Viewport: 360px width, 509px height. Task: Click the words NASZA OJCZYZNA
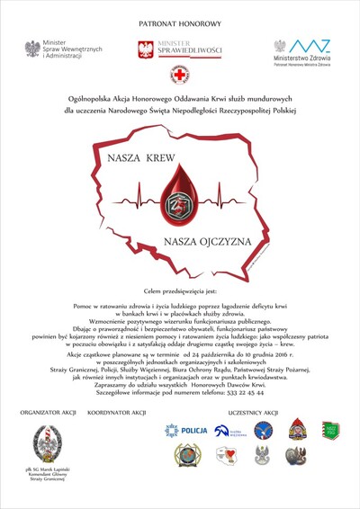click(x=205, y=241)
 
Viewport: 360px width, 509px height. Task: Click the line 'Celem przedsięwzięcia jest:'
click(x=179, y=292)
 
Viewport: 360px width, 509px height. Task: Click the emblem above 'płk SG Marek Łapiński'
click(x=48, y=442)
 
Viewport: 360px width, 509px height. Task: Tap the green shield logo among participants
click(x=331, y=431)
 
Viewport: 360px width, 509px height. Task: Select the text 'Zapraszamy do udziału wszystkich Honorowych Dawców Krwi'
click(x=179, y=384)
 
